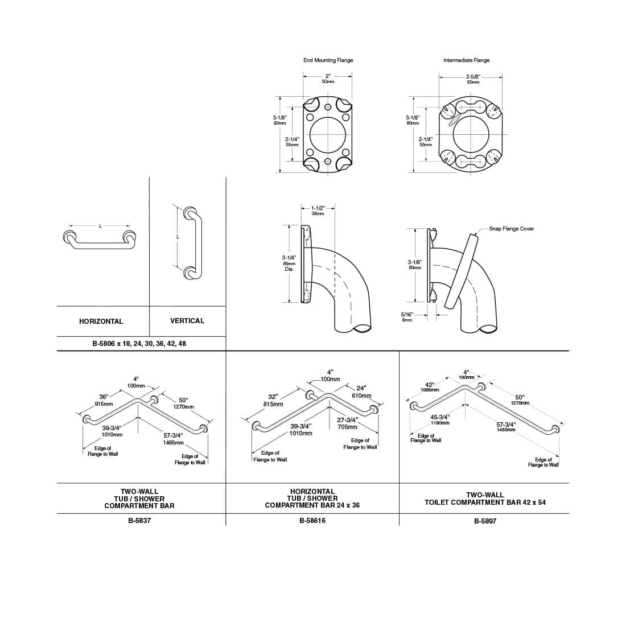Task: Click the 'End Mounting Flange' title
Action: (328, 60)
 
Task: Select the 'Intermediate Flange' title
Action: (466, 60)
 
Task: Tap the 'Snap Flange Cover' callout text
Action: (511, 229)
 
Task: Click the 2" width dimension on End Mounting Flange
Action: (328, 76)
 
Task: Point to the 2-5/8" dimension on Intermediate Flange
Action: (473, 76)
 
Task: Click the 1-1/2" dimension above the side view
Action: (318, 208)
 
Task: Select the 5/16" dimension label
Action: (407, 314)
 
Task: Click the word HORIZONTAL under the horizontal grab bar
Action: (101, 322)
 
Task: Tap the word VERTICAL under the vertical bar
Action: (187, 321)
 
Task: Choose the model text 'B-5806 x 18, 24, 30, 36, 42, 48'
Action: (139, 344)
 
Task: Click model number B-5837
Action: (139, 520)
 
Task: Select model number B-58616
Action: (312, 520)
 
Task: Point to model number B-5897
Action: (485, 521)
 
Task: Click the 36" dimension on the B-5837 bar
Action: (104, 397)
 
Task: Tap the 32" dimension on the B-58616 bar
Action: (273, 397)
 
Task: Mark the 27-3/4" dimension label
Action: (347, 420)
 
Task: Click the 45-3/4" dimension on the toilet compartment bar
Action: (439, 417)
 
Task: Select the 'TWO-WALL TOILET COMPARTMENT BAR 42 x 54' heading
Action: (485, 499)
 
